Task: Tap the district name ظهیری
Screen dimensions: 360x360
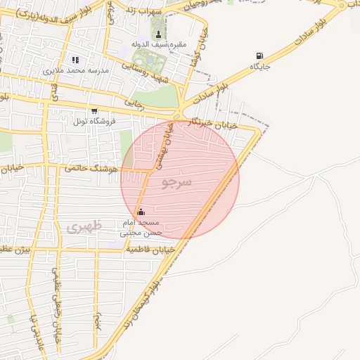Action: point(84,227)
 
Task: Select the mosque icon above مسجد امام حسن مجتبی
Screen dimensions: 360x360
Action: point(141,212)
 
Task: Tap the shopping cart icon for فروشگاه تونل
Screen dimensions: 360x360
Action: point(94,111)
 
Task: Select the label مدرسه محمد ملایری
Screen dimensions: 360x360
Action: point(76,71)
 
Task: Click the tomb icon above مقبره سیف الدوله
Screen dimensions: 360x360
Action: point(157,34)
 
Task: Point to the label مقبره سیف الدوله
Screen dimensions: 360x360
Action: point(159,45)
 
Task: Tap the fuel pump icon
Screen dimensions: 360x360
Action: point(261,56)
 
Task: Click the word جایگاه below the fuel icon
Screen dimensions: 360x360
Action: point(260,67)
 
